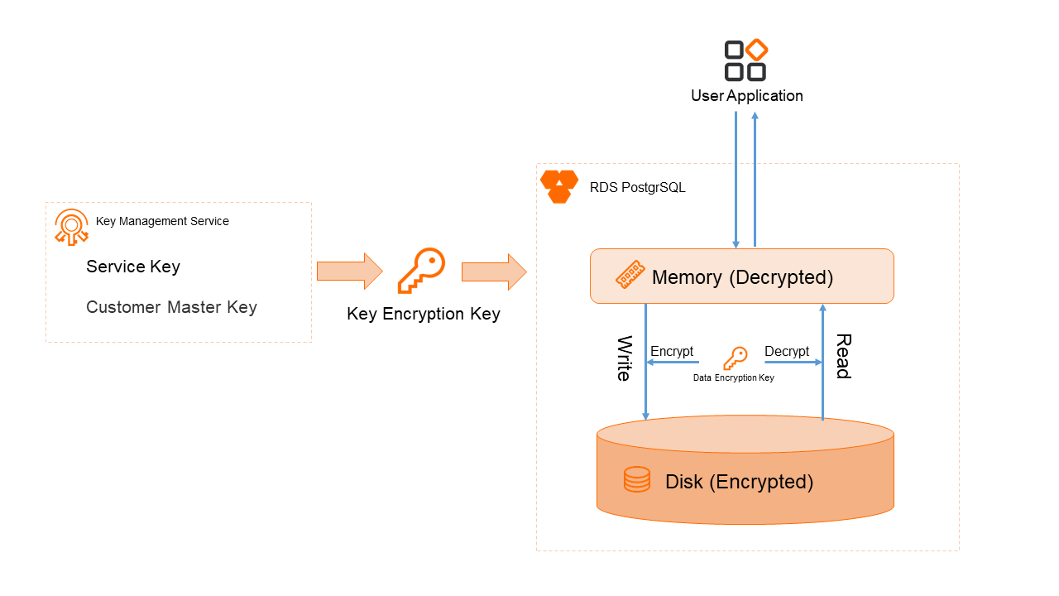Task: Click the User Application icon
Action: pos(745,60)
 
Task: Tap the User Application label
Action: pos(747,96)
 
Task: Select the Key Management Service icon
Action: pos(71,227)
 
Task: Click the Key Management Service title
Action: pos(162,222)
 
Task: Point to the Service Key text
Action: pos(133,267)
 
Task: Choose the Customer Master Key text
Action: pos(171,307)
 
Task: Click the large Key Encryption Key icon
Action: pos(421,271)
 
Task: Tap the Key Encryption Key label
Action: pos(424,315)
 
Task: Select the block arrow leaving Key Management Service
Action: pos(349,271)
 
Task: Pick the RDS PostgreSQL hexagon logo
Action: pos(559,186)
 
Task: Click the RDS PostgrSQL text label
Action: pos(637,188)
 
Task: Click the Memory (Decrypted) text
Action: pos(742,277)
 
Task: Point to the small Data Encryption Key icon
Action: pos(735,358)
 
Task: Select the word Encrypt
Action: pos(672,352)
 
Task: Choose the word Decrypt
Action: pos(787,352)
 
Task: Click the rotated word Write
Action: pos(625,358)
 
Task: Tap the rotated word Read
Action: pos(843,356)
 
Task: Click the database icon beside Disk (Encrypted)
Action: pos(637,480)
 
